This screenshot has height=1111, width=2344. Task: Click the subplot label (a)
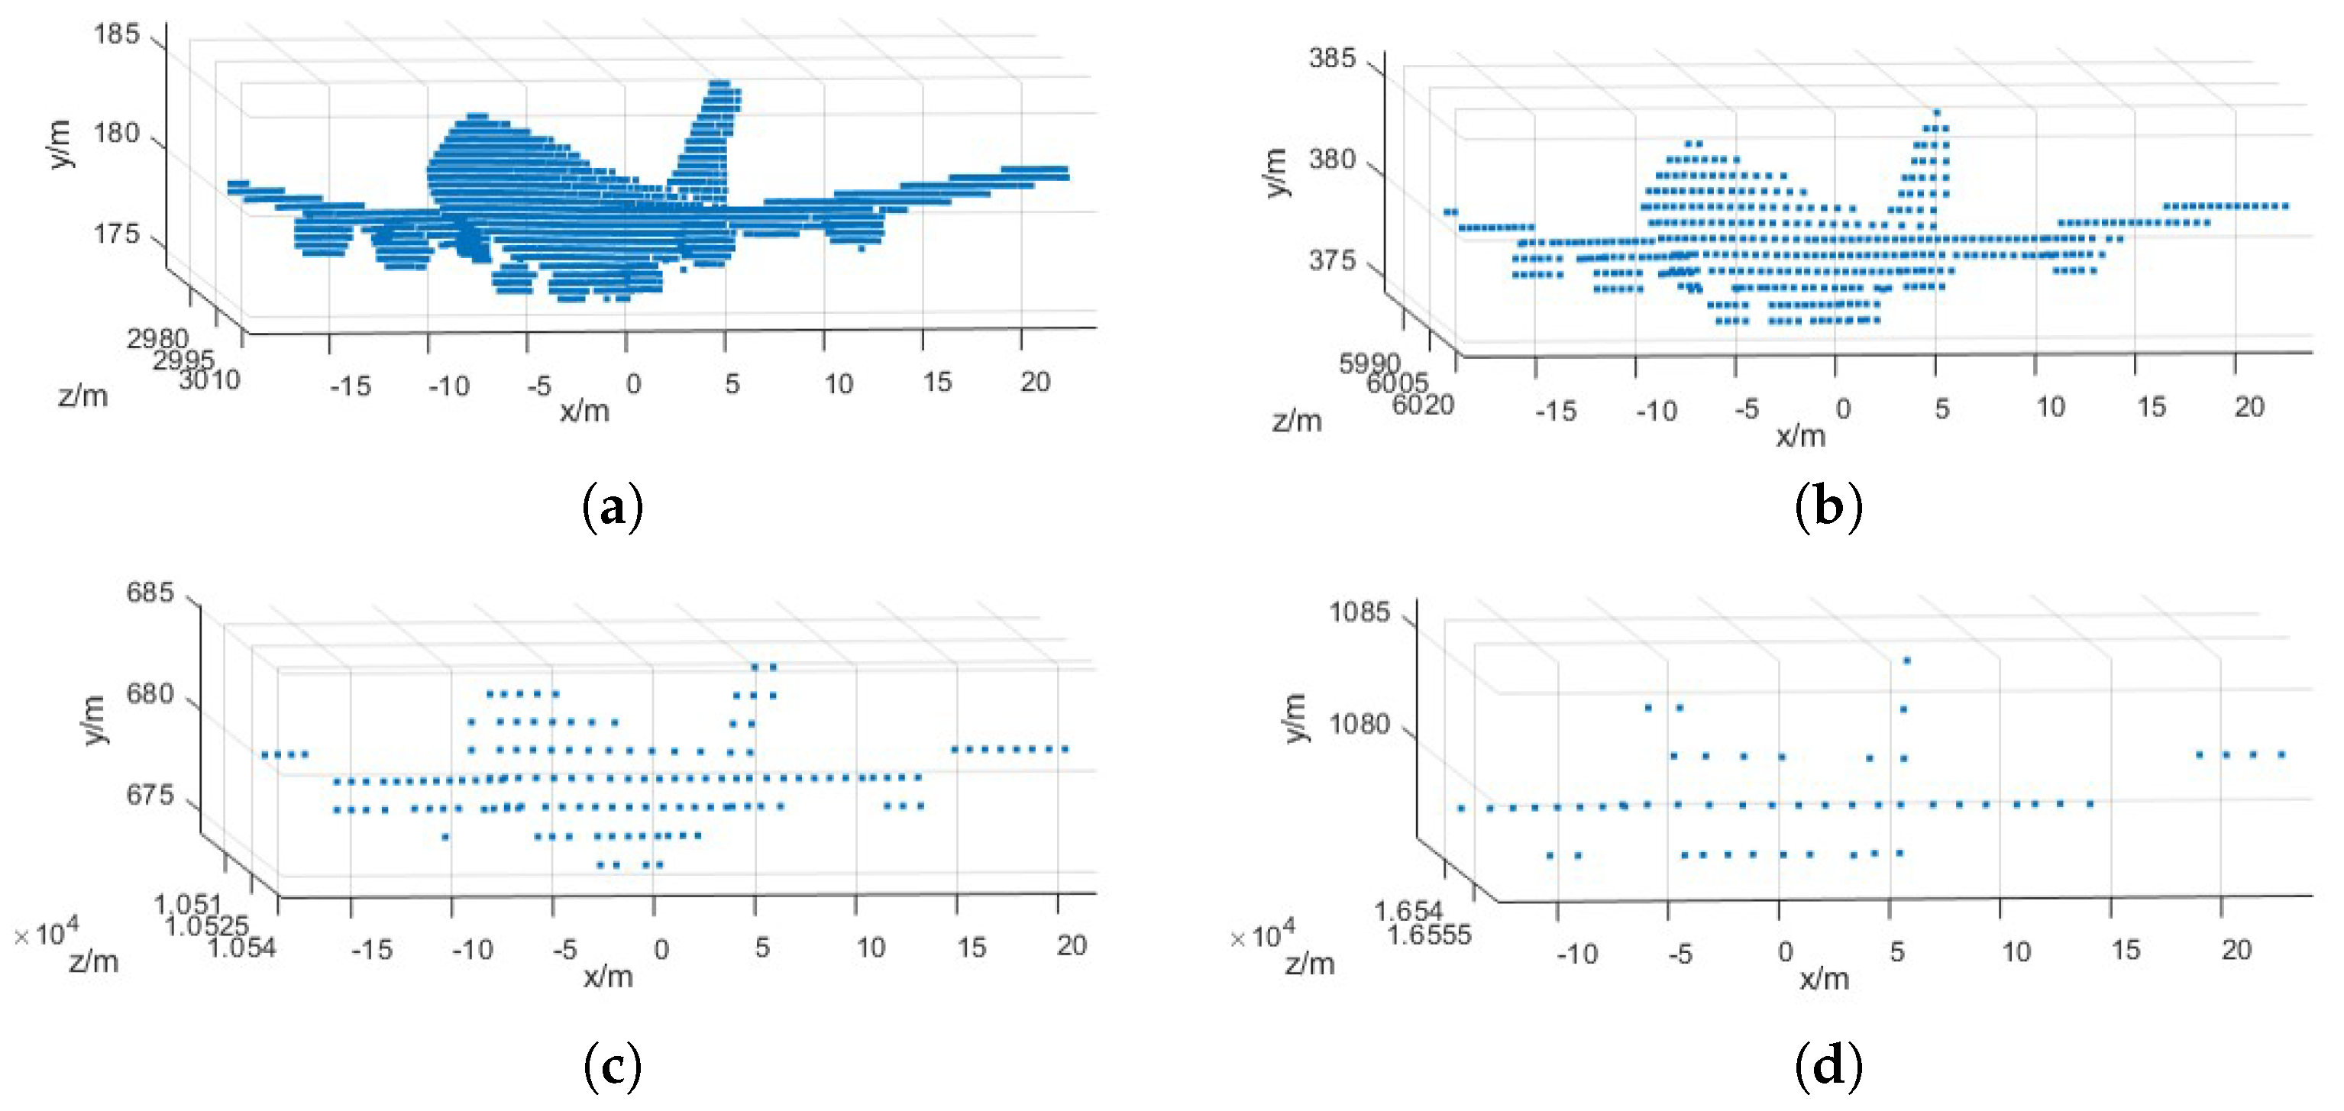pyautogui.click(x=613, y=507)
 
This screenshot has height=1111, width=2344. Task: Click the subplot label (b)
pyautogui.click(x=1828, y=507)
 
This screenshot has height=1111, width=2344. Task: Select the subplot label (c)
pyautogui.click(x=613, y=1065)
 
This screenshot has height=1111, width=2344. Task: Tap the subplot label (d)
pyautogui.click(x=1828, y=1065)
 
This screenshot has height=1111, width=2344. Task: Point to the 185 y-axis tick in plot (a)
pyautogui.click(x=116, y=34)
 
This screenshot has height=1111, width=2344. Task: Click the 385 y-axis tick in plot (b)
pyautogui.click(x=1332, y=58)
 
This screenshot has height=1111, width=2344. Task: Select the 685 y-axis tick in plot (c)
pyautogui.click(x=149, y=593)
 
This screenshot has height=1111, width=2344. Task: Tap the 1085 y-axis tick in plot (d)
pyautogui.click(x=1360, y=612)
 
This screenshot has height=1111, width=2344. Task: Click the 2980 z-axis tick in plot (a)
pyautogui.click(x=157, y=339)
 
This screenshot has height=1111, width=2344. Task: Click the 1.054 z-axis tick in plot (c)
pyautogui.click(x=241, y=948)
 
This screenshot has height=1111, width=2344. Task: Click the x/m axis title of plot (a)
pyautogui.click(x=584, y=412)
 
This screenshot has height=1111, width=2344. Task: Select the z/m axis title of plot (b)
pyautogui.click(x=1297, y=421)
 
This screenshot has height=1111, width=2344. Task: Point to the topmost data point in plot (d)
pyautogui.click(x=1906, y=660)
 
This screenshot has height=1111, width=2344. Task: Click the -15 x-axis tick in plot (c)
pyautogui.click(x=371, y=949)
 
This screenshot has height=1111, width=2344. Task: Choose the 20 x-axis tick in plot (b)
pyautogui.click(x=2249, y=407)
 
